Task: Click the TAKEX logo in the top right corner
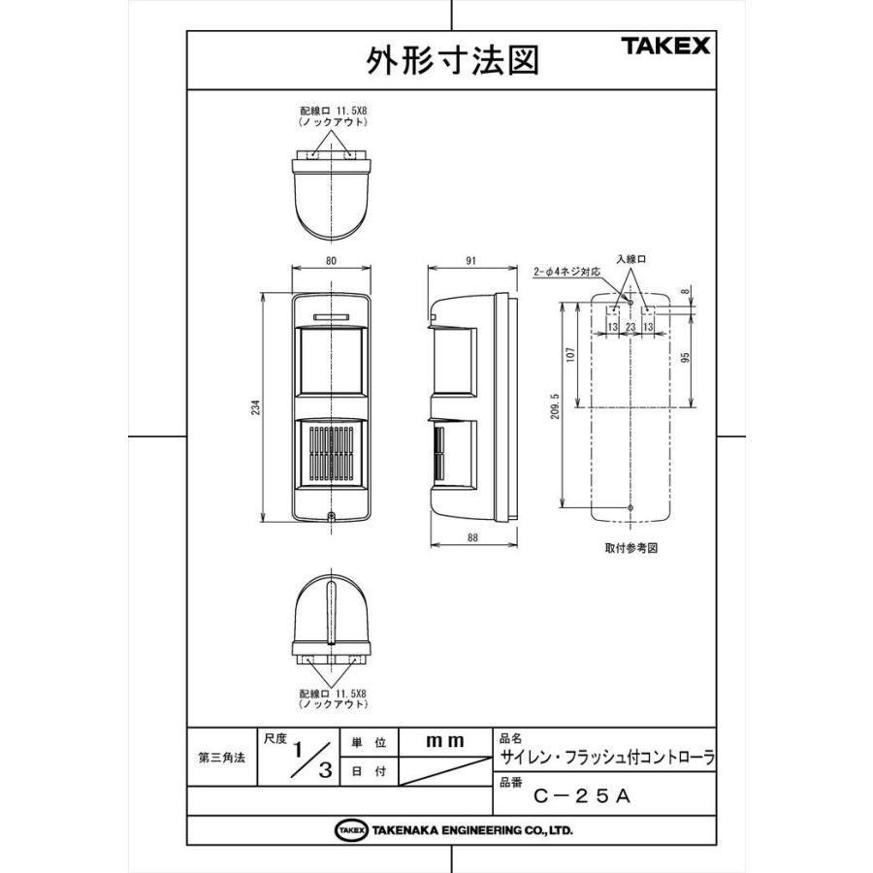tap(665, 46)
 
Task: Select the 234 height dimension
tap(256, 408)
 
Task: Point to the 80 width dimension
tap(331, 260)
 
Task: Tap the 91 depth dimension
tap(470, 260)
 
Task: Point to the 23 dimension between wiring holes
tap(630, 328)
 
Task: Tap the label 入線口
tap(630, 259)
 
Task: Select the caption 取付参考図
tap(630, 548)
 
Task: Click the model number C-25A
tap(583, 796)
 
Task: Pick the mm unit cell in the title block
tap(445, 741)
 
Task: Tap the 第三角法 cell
tap(220, 758)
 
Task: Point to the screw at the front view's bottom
tap(331, 516)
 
